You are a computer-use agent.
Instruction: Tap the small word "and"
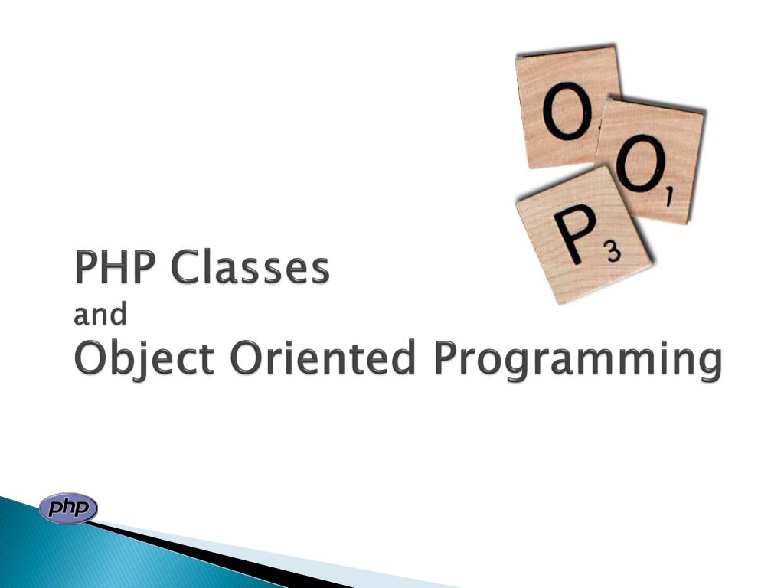pos(100,314)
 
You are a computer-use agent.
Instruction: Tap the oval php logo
pos(68,508)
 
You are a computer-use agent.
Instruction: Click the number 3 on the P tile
pos(614,253)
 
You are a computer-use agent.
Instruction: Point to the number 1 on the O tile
pos(668,198)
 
